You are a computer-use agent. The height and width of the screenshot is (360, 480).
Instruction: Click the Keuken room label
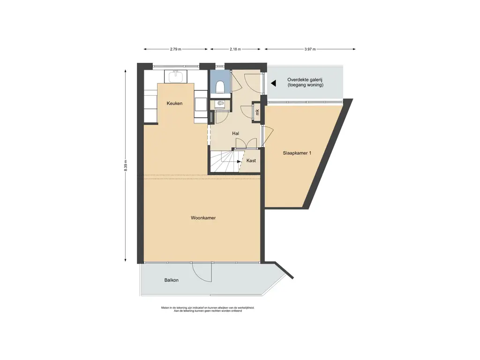coord(174,104)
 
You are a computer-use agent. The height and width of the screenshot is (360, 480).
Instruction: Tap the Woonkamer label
coord(203,218)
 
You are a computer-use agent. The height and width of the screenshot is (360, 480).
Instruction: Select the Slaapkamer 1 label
coord(297,153)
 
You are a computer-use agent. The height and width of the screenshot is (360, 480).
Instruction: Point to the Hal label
coord(235,134)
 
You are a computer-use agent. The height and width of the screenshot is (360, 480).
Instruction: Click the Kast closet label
coord(251,160)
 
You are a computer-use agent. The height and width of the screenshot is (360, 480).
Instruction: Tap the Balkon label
coord(172,280)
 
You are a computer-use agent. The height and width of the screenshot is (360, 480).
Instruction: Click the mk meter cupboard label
coord(257,112)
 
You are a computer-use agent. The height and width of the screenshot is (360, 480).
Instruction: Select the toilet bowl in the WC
coord(220,87)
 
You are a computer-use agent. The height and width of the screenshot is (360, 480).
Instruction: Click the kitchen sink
coord(176,76)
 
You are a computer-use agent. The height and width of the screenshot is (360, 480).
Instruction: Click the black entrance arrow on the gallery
coord(273,83)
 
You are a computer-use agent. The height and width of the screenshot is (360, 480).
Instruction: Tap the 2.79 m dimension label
coord(176,49)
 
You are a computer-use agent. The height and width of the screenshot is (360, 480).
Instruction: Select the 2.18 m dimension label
coord(235,49)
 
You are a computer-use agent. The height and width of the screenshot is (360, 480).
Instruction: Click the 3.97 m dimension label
coord(310,49)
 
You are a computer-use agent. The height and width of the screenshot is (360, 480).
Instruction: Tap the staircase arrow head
coord(239,161)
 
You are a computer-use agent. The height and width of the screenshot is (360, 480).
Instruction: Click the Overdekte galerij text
coord(305,80)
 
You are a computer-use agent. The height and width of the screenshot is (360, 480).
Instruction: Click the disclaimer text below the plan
coord(208,309)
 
